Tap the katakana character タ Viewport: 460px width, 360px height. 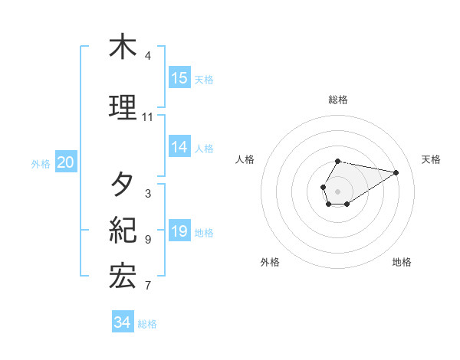tap(123, 184)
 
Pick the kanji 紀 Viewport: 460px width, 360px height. tap(123, 230)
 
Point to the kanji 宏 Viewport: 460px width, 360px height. tap(123, 276)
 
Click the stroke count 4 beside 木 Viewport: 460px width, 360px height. tap(148, 56)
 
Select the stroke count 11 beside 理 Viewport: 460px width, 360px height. tap(148, 117)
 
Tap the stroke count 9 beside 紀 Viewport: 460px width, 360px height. tap(148, 240)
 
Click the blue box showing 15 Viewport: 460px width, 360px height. tap(179, 78)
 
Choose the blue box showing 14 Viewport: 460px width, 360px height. tap(179, 147)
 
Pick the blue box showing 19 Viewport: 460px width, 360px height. tap(179, 231)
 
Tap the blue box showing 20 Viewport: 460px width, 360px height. tap(66, 162)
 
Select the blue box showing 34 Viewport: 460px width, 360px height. tap(123, 323)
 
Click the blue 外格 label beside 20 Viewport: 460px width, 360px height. tap(41, 163)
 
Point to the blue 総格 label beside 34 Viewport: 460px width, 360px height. tap(147, 324)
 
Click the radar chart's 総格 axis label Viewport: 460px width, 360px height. tap(338, 100)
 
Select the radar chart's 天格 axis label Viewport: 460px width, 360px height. tap(432, 159)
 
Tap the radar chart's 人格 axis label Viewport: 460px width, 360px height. tap(245, 159)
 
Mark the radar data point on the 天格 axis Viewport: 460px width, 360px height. tap(396, 172)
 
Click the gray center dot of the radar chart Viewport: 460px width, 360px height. tap(338, 191)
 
